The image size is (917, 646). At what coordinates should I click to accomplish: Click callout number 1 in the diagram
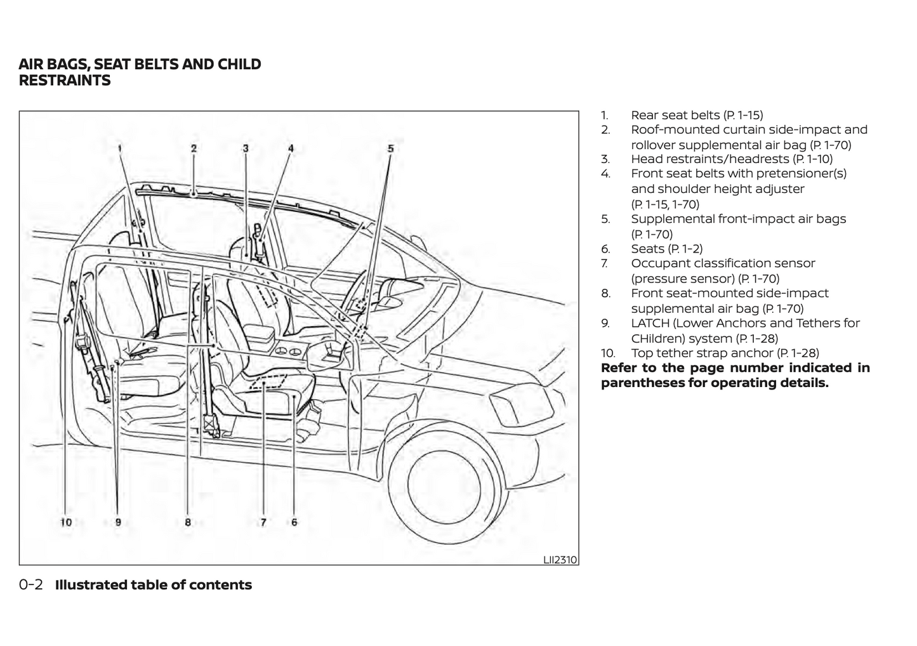click(x=119, y=148)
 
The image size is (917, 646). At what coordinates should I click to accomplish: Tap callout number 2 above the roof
click(x=194, y=148)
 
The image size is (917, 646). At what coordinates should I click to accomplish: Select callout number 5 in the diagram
click(x=391, y=148)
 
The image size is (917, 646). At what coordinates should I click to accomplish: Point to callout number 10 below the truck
click(x=65, y=522)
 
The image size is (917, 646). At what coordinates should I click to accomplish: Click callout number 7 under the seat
click(x=263, y=522)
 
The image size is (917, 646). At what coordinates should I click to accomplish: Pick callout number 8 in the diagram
click(x=188, y=522)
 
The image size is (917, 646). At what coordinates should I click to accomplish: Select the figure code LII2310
click(x=560, y=560)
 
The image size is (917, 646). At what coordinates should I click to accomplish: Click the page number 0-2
click(x=30, y=585)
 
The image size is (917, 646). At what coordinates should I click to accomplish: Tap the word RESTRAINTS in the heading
click(x=65, y=81)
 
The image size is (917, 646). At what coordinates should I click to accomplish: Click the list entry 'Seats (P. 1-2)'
click(x=666, y=249)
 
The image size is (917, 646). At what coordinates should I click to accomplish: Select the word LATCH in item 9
click(x=650, y=323)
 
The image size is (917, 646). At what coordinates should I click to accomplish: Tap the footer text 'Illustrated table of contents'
click(x=154, y=585)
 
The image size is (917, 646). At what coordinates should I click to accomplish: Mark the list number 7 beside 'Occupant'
click(x=605, y=263)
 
